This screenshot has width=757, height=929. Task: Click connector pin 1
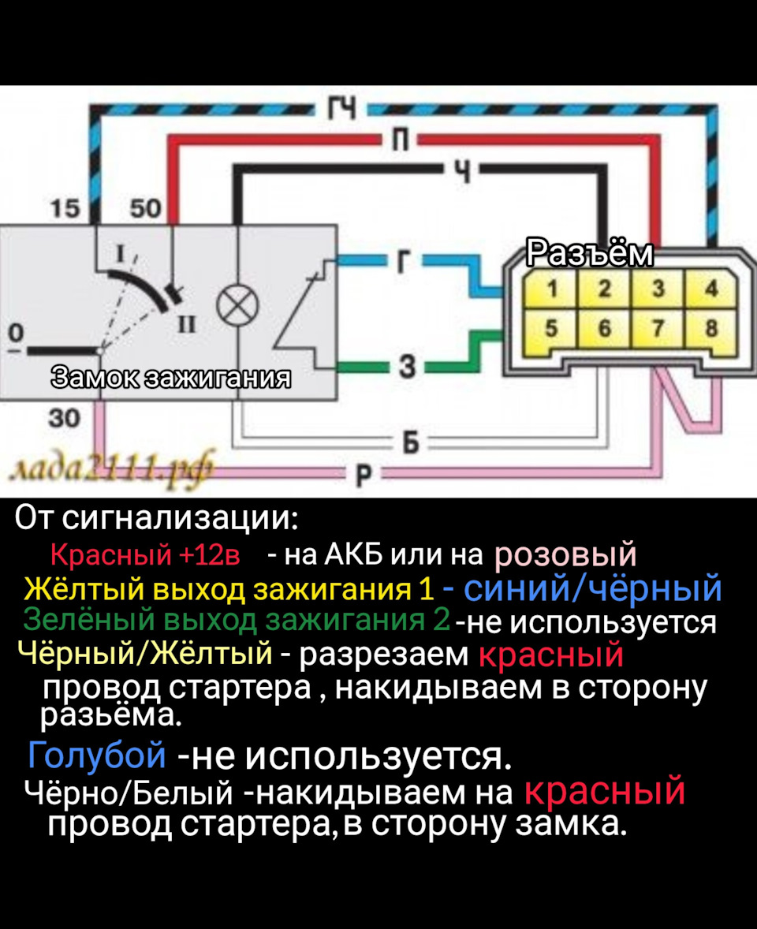point(554,289)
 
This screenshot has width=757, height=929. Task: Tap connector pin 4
point(711,289)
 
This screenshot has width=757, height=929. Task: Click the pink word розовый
point(565,555)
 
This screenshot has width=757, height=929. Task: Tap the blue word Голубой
point(96,756)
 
